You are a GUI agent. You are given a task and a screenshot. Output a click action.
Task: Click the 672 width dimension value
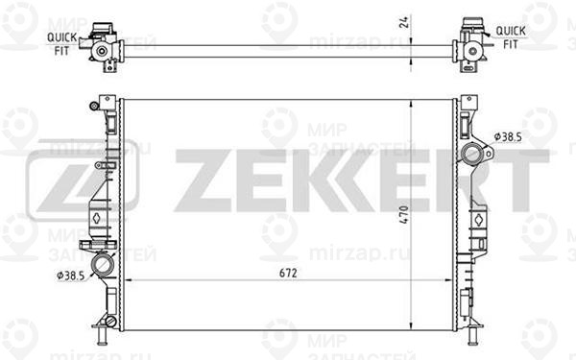point(288,273)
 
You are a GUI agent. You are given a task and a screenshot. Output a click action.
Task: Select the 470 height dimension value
point(404,214)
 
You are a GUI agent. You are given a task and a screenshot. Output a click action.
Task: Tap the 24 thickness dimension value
point(404,22)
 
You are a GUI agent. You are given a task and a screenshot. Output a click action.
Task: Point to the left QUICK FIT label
point(61,44)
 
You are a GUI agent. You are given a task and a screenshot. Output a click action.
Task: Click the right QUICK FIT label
point(511,37)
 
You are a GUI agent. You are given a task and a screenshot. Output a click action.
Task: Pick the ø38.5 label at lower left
point(70,276)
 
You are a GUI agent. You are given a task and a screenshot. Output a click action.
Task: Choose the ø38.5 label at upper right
point(508,137)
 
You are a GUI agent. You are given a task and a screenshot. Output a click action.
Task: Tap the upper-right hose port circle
point(472,154)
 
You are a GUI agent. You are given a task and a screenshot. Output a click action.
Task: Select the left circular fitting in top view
point(101,51)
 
